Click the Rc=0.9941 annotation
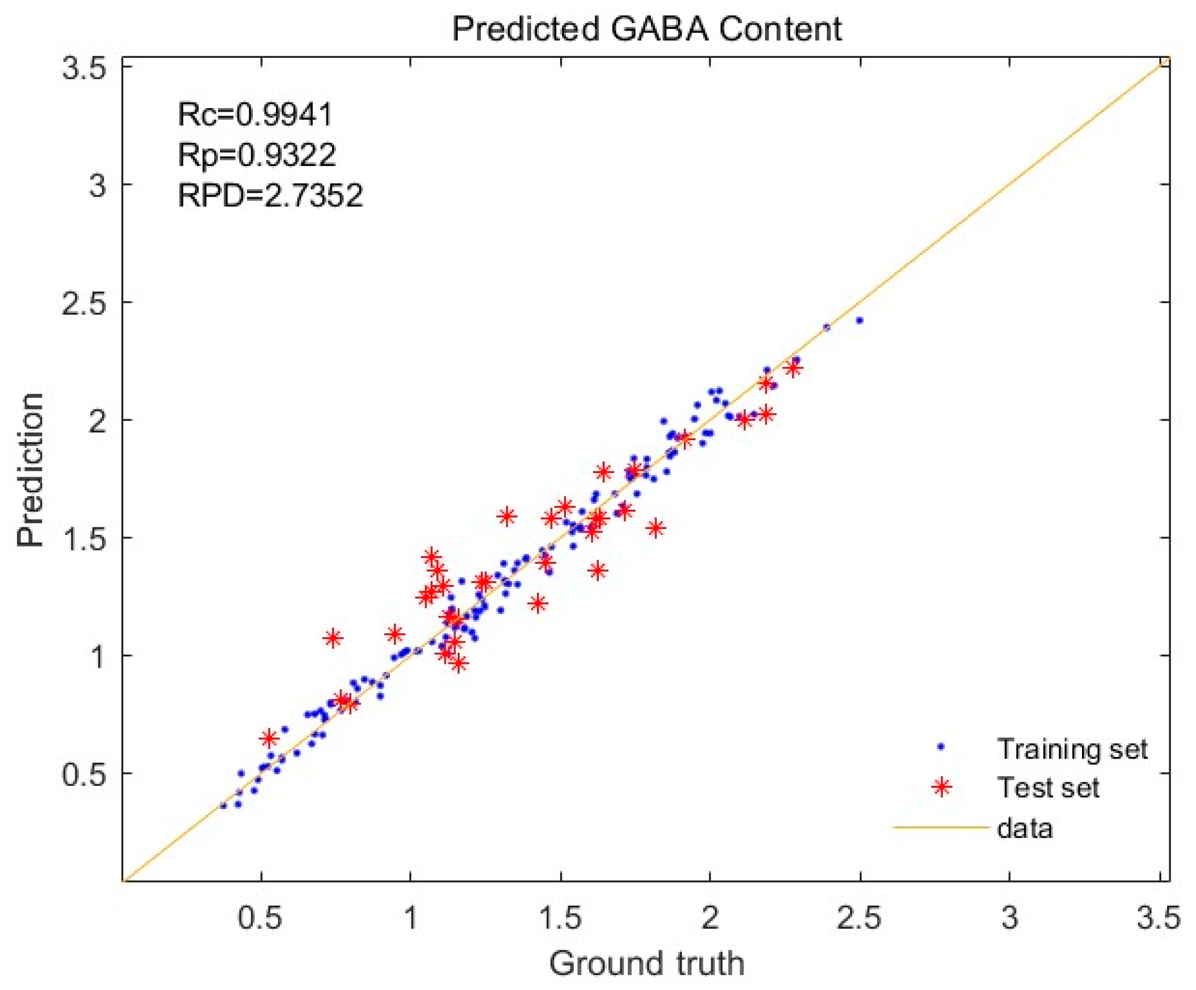pos(255,114)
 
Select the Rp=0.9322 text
pos(256,154)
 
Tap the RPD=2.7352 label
pos(270,195)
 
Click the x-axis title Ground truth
pos(646,963)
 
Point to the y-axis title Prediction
pos(30,470)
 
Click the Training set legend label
pos(1072,749)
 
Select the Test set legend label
pos(1047,788)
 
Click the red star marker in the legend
pos(941,787)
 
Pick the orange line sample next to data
pos(940,828)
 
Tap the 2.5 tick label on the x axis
pos(859,918)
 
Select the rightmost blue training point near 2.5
pos(859,320)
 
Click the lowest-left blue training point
pos(223,806)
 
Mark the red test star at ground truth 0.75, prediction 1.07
pos(333,638)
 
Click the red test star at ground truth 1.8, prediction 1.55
pos(656,528)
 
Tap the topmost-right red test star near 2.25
pos(793,368)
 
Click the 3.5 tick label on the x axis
pos(1158,918)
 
